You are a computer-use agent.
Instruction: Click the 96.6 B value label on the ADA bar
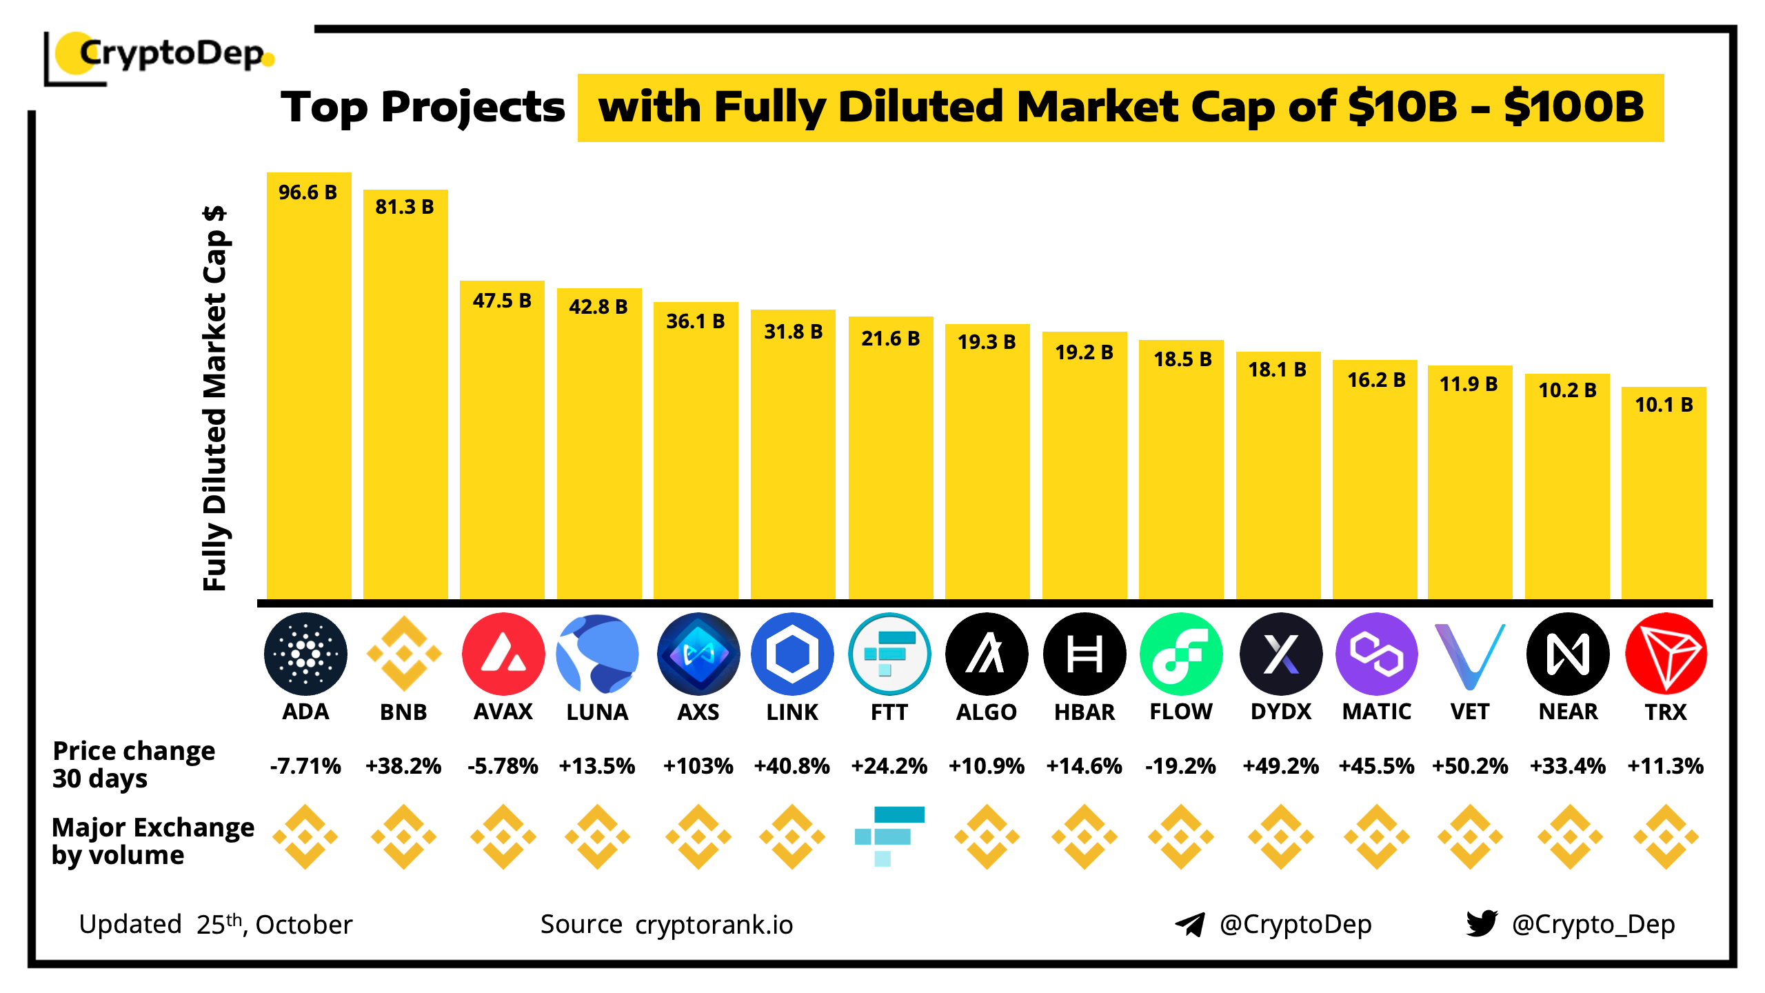307,192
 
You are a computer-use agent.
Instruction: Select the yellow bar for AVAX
502,448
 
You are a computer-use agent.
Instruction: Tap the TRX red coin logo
1666,653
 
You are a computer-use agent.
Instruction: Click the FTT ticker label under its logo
889,712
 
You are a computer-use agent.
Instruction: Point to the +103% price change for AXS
698,766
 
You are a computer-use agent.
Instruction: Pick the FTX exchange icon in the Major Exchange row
889,836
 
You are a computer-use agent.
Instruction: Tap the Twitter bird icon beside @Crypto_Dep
1482,923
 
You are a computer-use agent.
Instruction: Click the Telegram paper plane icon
1189,924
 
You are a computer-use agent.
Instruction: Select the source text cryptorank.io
714,925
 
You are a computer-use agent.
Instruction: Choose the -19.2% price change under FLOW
1180,766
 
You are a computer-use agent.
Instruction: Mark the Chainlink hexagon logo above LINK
792,653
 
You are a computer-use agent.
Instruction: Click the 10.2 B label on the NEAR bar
1567,390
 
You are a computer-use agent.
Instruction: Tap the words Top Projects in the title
423,108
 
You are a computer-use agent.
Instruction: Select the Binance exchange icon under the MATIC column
1377,836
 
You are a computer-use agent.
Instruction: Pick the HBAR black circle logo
1085,653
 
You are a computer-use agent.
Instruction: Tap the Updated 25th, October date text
216,925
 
